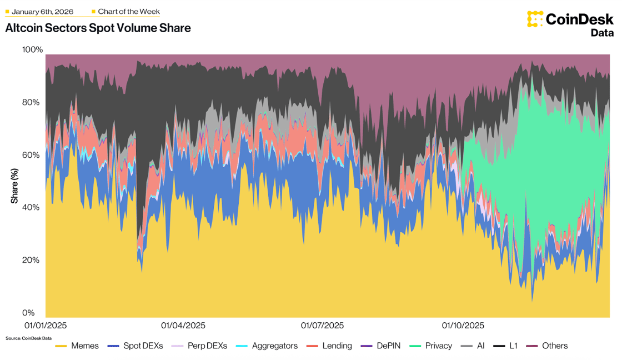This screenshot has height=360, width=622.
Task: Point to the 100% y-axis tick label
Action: tap(32, 50)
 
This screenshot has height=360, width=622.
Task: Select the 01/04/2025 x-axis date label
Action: tap(183, 326)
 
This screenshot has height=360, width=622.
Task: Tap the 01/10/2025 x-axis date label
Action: tap(463, 326)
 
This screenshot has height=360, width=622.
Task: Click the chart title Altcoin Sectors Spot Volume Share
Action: tap(98, 28)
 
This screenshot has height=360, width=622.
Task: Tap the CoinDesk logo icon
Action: tap(535, 19)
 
